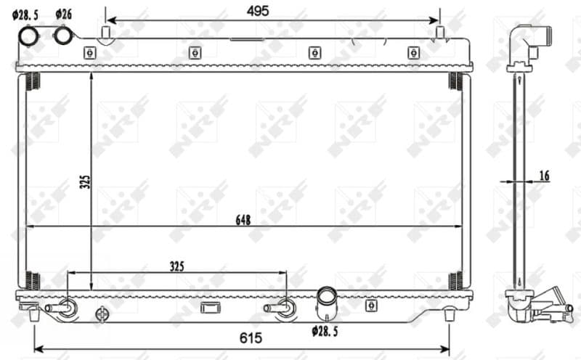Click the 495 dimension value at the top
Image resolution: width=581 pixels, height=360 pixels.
[x=258, y=10]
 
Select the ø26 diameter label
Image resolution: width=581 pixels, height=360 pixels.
[x=63, y=14]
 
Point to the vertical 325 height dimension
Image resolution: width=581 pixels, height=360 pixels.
[x=84, y=182]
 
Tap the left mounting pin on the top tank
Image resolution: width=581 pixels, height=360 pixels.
[x=105, y=33]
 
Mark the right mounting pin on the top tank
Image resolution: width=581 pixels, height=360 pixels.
[x=439, y=33]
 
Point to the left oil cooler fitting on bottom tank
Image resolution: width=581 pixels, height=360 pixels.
[x=61, y=308]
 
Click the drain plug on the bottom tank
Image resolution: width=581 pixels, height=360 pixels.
[x=102, y=314]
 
